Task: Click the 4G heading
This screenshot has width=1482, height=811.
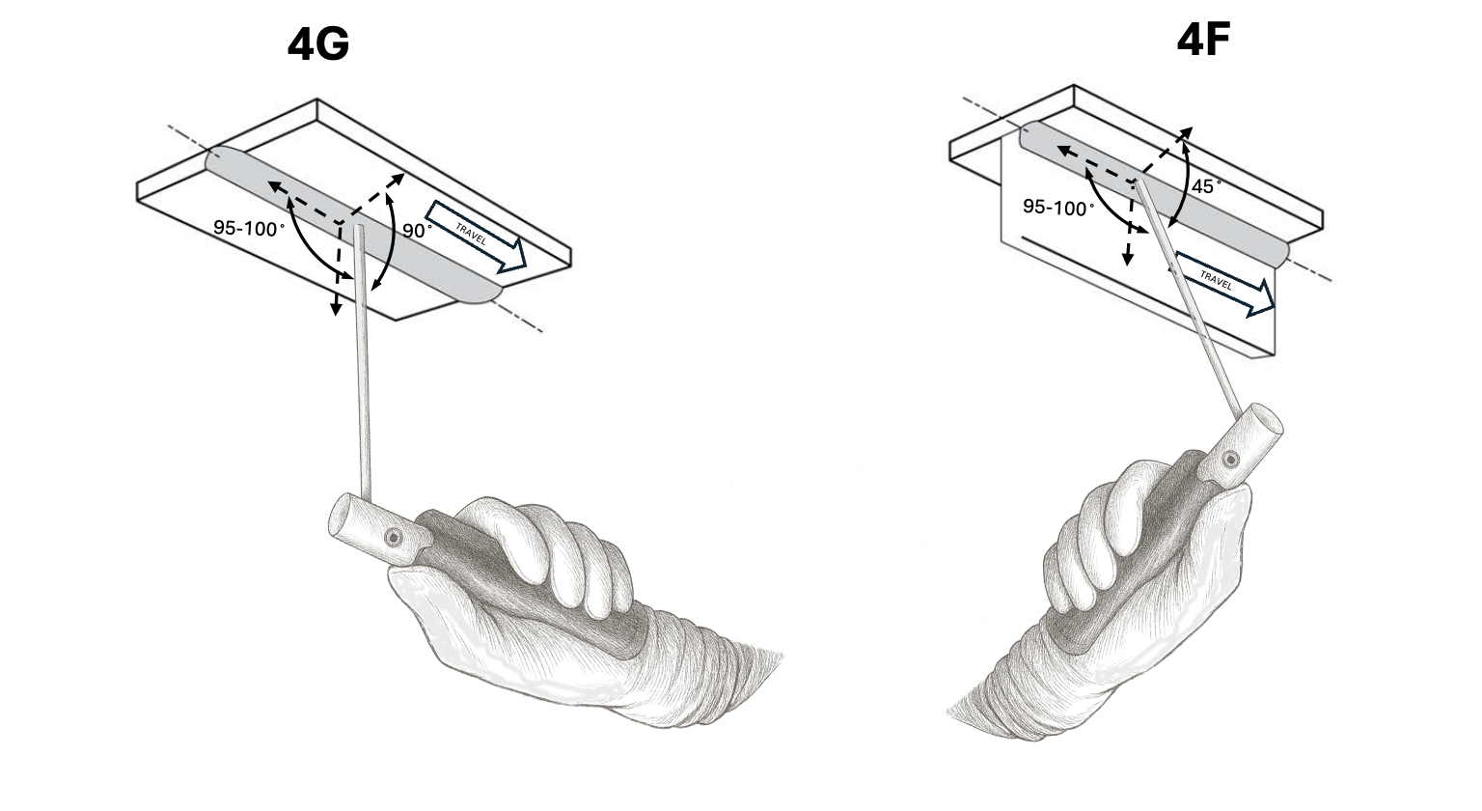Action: (x=317, y=45)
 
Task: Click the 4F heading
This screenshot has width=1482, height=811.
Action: (x=1202, y=40)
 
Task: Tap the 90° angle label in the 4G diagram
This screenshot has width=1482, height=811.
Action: (x=418, y=232)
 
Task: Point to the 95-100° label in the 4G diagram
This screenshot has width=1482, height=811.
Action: (x=249, y=229)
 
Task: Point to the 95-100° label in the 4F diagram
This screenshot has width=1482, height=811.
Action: (x=1058, y=207)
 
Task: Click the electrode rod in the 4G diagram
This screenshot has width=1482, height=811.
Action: (x=363, y=386)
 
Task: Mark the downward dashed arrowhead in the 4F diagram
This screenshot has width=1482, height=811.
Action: (x=1126, y=257)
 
